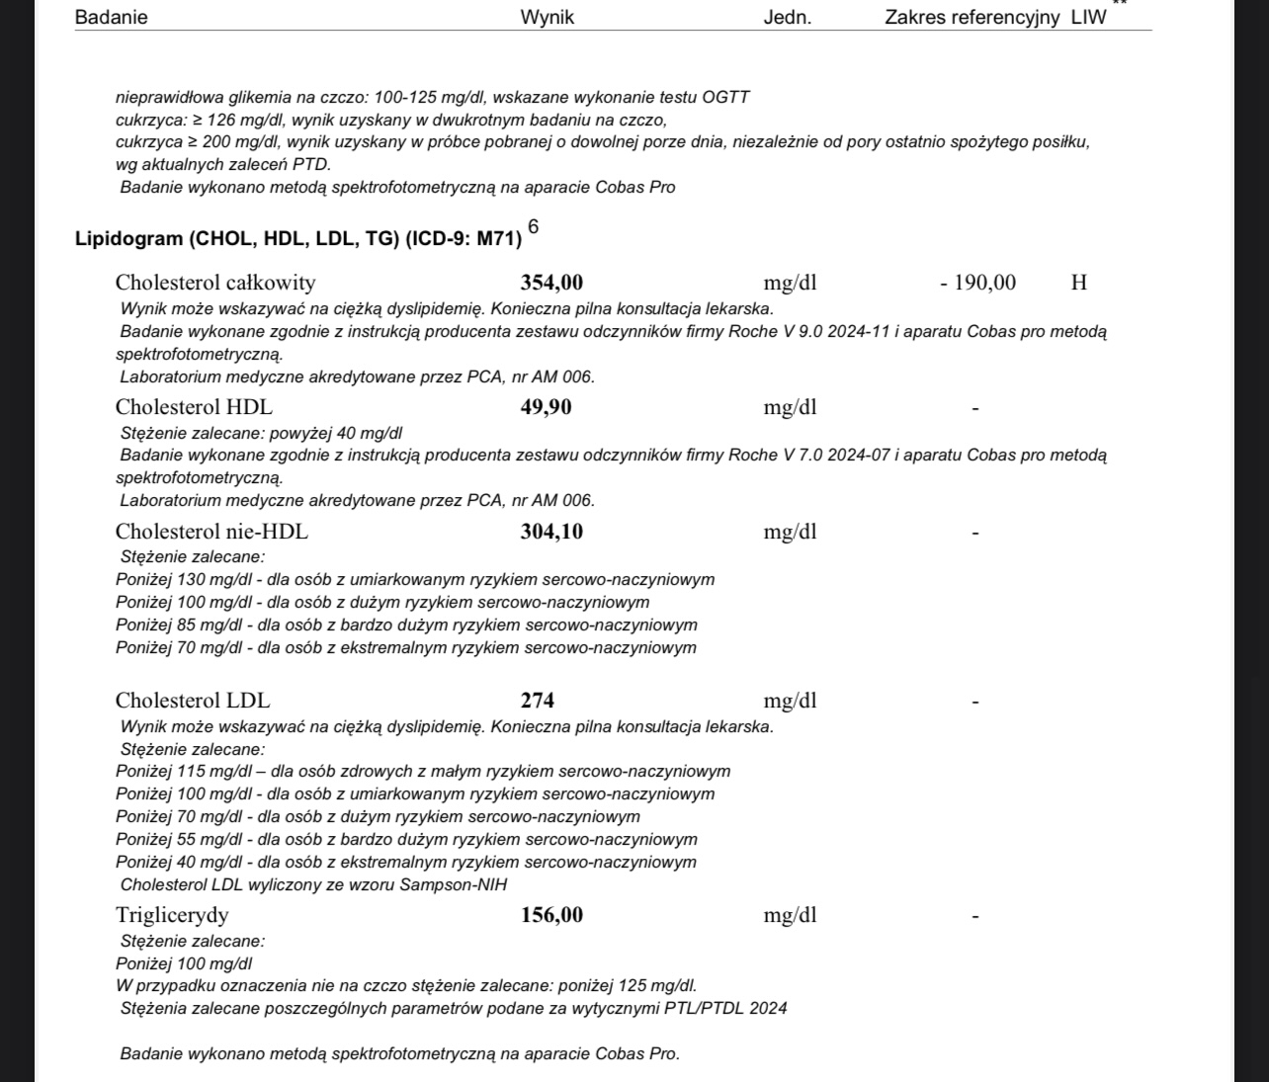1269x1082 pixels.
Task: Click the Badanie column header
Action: click(111, 18)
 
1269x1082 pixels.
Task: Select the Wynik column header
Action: click(547, 18)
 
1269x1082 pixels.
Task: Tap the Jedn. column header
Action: click(787, 18)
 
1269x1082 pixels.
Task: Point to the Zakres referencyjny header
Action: click(972, 18)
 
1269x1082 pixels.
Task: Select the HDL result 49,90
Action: click(546, 407)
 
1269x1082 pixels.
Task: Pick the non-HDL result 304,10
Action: click(551, 532)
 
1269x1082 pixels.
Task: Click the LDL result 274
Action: click(538, 701)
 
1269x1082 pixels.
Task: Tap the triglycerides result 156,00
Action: click(551, 915)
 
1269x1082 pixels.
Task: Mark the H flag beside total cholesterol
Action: click(1079, 284)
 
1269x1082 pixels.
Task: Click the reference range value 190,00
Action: click(984, 284)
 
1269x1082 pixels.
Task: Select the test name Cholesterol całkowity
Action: click(215, 284)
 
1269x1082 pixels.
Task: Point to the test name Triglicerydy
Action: click(172, 915)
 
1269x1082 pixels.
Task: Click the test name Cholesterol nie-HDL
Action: click(211, 532)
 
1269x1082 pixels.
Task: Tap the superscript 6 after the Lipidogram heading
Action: click(534, 227)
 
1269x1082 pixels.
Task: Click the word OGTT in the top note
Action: click(725, 97)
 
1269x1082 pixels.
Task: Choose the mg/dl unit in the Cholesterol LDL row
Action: click(790, 702)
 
